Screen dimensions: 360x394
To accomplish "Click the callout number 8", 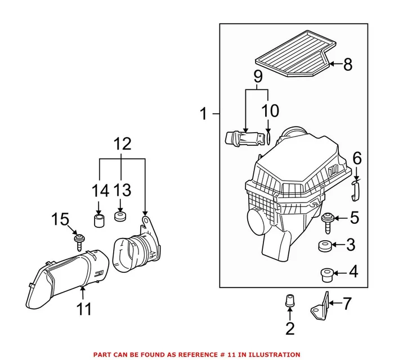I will coord(347,65).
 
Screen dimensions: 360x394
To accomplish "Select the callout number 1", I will coord(204,115).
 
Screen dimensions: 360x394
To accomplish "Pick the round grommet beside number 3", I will coord(325,246).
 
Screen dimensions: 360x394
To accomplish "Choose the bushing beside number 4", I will coord(325,274).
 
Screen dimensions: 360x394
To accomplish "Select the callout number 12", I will coord(123,144).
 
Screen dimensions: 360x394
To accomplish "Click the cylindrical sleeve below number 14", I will coord(100,218).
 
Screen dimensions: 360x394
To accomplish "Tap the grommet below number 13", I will coord(120,217).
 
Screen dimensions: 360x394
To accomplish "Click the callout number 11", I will coord(83,308).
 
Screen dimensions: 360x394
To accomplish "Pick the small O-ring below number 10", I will coord(269,137).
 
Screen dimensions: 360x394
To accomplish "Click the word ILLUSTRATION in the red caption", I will coord(270,354).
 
